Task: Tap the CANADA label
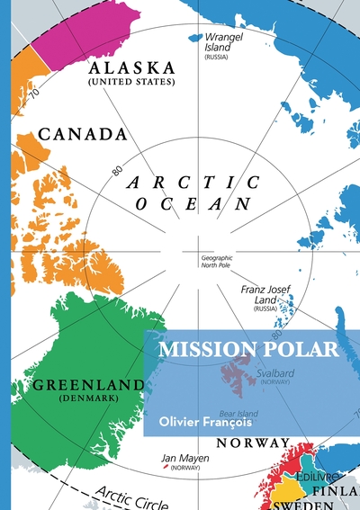[82, 134]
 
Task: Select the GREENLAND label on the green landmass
[88, 385]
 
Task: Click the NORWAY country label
[253, 443]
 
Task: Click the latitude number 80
[116, 168]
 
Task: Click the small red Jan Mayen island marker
[164, 468]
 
